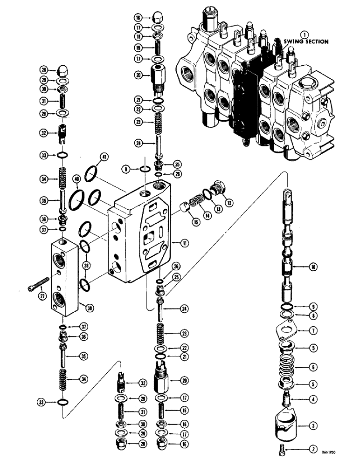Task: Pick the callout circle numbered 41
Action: coord(104,157)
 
